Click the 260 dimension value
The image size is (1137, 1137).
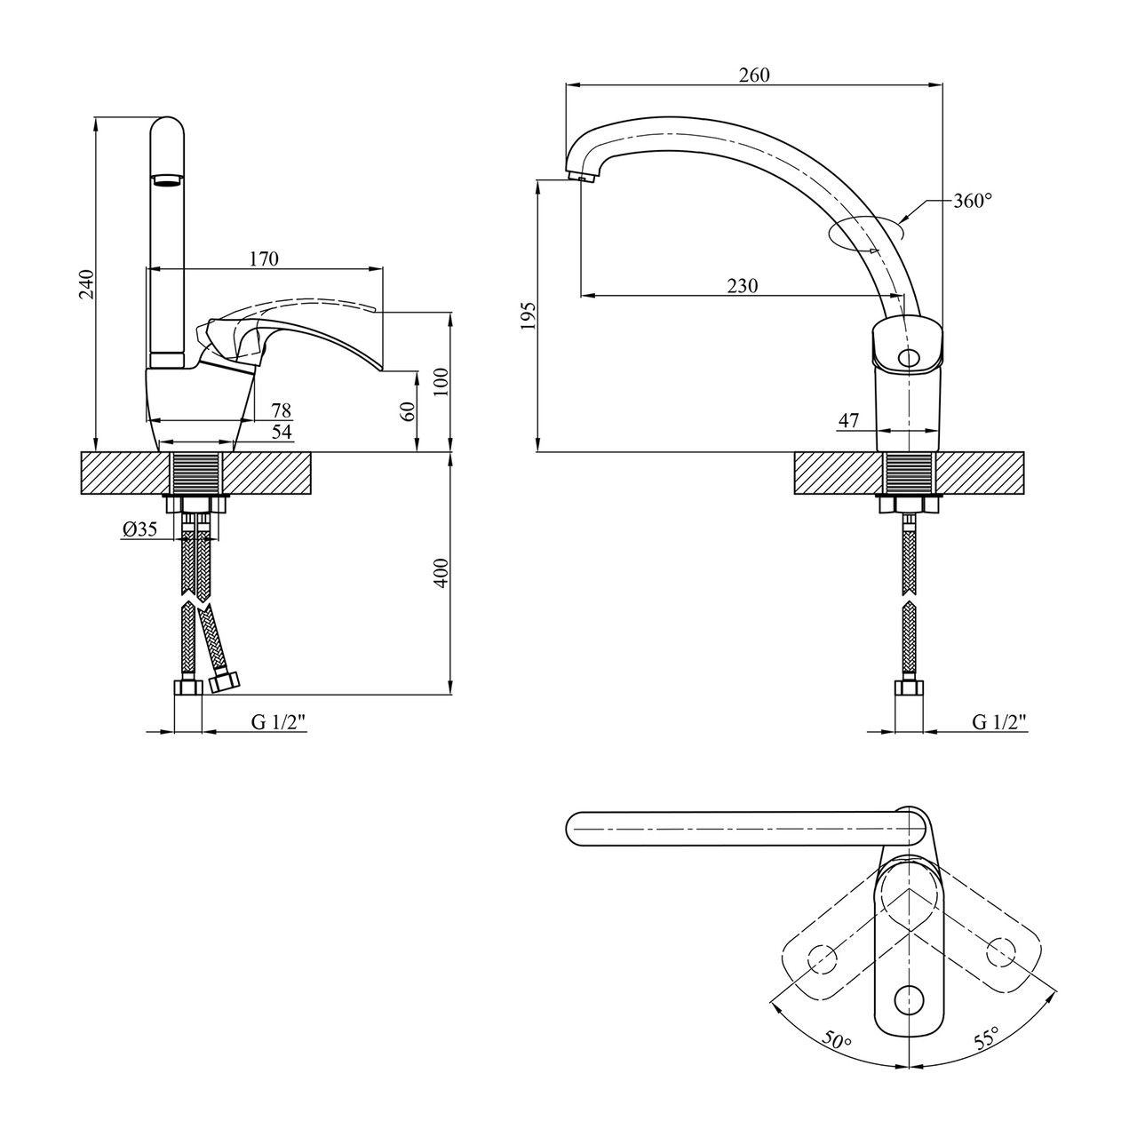pos(754,76)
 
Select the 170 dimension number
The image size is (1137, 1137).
pos(264,259)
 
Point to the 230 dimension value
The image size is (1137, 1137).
pos(743,286)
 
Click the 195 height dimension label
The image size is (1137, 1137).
pos(529,315)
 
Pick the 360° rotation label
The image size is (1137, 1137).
pos(973,201)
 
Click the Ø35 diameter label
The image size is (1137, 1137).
pos(140,530)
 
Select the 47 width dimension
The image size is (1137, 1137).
pos(849,421)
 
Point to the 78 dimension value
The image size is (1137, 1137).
pos(281,410)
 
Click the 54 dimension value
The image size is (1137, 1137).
pos(281,431)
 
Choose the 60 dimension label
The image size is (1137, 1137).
pos(408,411)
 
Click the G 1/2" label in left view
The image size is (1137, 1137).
pos(278,722)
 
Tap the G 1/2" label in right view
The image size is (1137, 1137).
pos(998,722)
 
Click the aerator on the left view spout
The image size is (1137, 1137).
pos(167,180)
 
